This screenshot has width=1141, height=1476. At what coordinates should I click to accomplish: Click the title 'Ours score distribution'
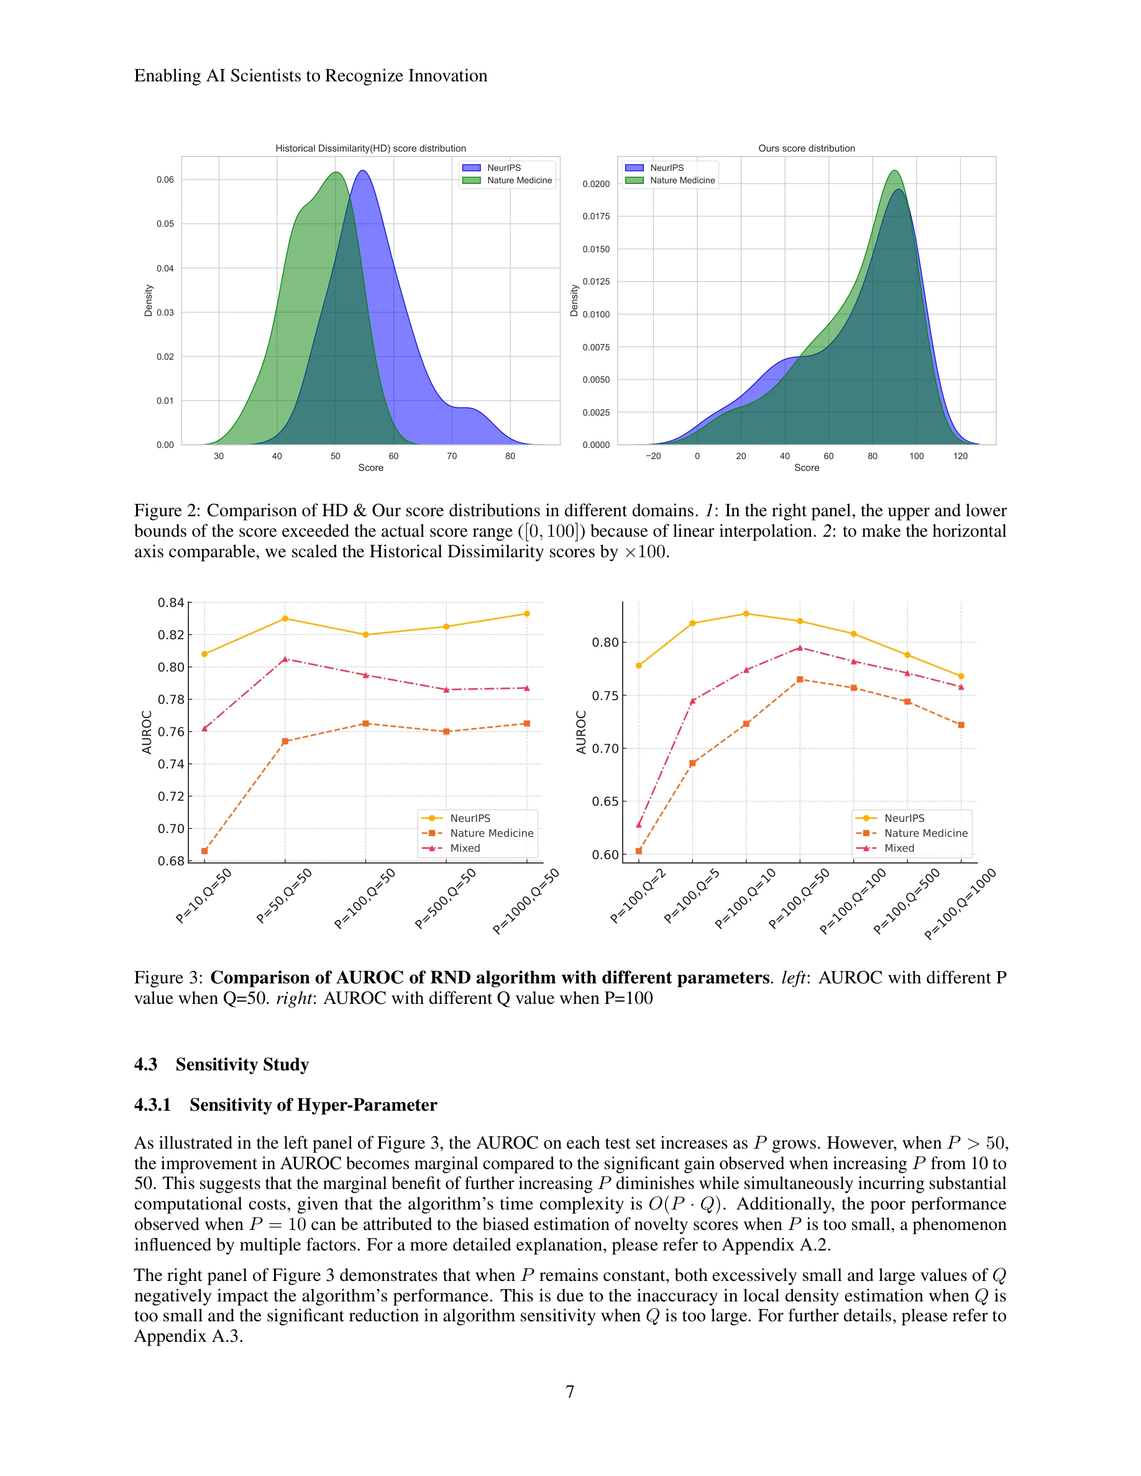pos(806,148)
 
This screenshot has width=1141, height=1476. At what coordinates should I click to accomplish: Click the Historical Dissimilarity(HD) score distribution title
pos(370,148)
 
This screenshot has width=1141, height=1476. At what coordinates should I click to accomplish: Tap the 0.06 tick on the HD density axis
pos(165,180)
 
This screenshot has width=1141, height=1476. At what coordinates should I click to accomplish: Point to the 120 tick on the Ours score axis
pos(960,456)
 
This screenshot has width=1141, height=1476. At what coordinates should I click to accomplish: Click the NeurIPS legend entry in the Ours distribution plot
pos(666,168)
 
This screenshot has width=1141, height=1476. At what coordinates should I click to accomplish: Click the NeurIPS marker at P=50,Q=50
pos(285,618)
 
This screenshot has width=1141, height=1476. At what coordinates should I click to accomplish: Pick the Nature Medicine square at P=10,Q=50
pos(204,851)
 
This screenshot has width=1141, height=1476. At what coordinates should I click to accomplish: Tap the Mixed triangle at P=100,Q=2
pos(639,824)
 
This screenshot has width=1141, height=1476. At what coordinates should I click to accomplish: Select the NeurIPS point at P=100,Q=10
pos(746,614)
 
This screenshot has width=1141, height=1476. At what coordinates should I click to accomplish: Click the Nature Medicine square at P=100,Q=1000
pos(961,725)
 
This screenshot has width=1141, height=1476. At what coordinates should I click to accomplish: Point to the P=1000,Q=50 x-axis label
pos(526,901)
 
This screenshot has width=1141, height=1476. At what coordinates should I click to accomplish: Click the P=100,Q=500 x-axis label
pos(907,901)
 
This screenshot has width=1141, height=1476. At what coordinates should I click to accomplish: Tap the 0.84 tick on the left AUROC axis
pos(170,602)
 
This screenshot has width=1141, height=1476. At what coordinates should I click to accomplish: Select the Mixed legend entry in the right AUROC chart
pos(899,848)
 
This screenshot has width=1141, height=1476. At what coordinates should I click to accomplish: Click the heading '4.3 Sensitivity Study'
pos(221,1064)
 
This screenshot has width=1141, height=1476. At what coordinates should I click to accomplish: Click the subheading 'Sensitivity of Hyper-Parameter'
pos(313,1105)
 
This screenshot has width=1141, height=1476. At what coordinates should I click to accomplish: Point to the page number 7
pos(570,1392)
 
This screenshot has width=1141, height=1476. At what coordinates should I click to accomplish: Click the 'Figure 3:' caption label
pos(168,978)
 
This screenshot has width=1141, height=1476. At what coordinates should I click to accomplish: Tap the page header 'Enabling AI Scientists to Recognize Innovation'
pos(310,76)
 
